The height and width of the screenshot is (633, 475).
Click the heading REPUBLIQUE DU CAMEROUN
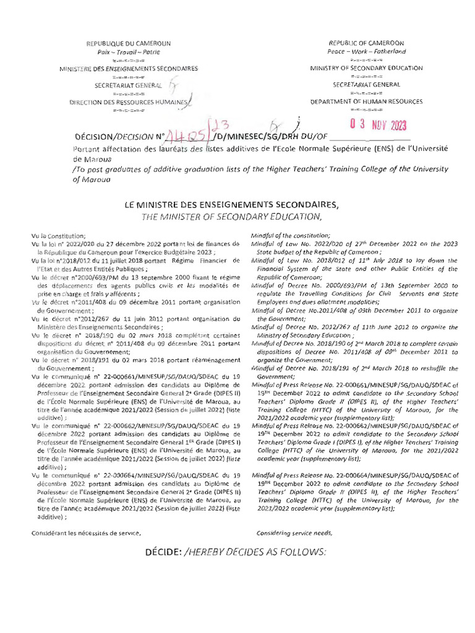(129, 43)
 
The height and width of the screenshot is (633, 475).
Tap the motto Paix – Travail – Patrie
(129, 52)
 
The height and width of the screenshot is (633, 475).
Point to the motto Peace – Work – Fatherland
(367, 52)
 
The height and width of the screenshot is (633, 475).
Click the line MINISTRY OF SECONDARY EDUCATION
(367, 68)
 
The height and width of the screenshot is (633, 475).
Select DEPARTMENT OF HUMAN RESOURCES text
(367, 101)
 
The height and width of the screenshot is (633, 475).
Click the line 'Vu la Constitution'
(56, 237)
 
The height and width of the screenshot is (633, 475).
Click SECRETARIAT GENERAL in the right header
(367, 84)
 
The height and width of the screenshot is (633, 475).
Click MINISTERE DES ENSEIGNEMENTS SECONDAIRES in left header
(129, 69)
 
